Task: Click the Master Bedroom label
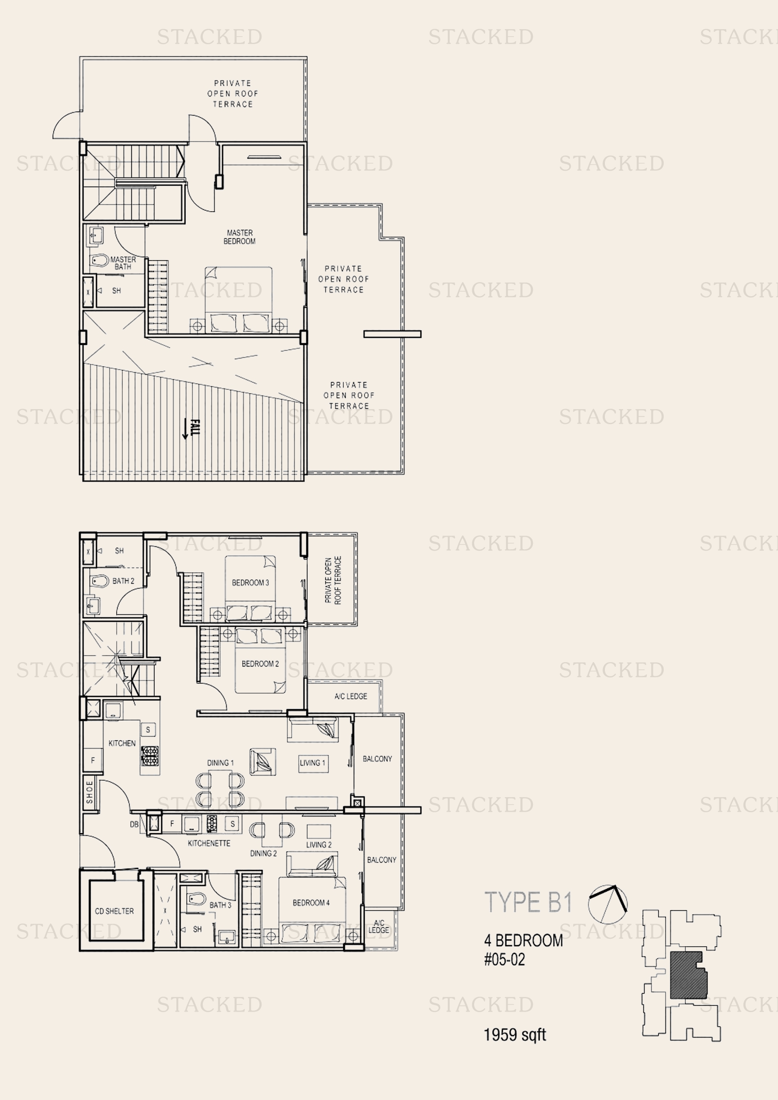pos(239,237)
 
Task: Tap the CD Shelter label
pos(114,911)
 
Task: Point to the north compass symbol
pos(607,904)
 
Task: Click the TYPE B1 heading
pos(528,902)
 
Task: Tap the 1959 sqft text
pos(515,1035)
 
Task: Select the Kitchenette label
pos(209,843)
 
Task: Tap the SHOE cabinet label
pos(89,792)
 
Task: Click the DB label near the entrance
pos(134,824)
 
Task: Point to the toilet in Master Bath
pos(100,261)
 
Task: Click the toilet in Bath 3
pos(197,898)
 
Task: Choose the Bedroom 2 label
pos(260,664)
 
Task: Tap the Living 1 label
pos(312,763)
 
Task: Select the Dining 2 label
pos(263,853)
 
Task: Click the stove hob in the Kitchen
pos(150,756)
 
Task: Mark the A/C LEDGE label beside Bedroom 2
pos(351,696)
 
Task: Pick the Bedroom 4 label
pos(311,902)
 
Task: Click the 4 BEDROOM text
pos(523,941)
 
